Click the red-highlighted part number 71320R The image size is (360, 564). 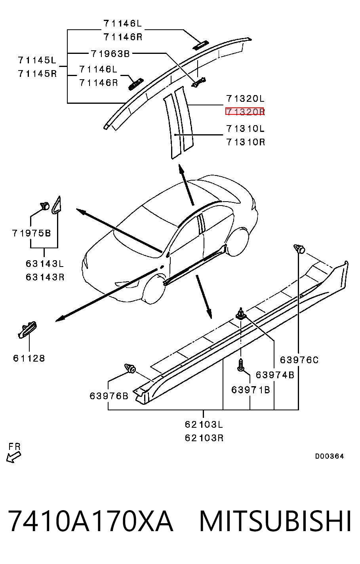(245, 111)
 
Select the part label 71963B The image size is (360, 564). (110, 53)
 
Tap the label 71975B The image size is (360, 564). (31, 233)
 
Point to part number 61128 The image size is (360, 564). (29, 358)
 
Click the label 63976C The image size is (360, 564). (299, 360)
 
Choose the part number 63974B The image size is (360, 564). (275, 375)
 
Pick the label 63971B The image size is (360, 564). (250, 390)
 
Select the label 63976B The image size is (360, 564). (109, 396)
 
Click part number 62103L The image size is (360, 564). (204, 425)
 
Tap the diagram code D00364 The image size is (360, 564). (329, 456)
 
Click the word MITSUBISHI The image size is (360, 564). (275, 521)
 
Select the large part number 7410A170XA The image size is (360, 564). (91, 521)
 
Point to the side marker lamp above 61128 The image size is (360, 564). (27, 330)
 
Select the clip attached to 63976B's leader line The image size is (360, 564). (130, 368)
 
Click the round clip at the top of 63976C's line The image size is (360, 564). (299, 248)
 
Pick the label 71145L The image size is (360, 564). (37, 60)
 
